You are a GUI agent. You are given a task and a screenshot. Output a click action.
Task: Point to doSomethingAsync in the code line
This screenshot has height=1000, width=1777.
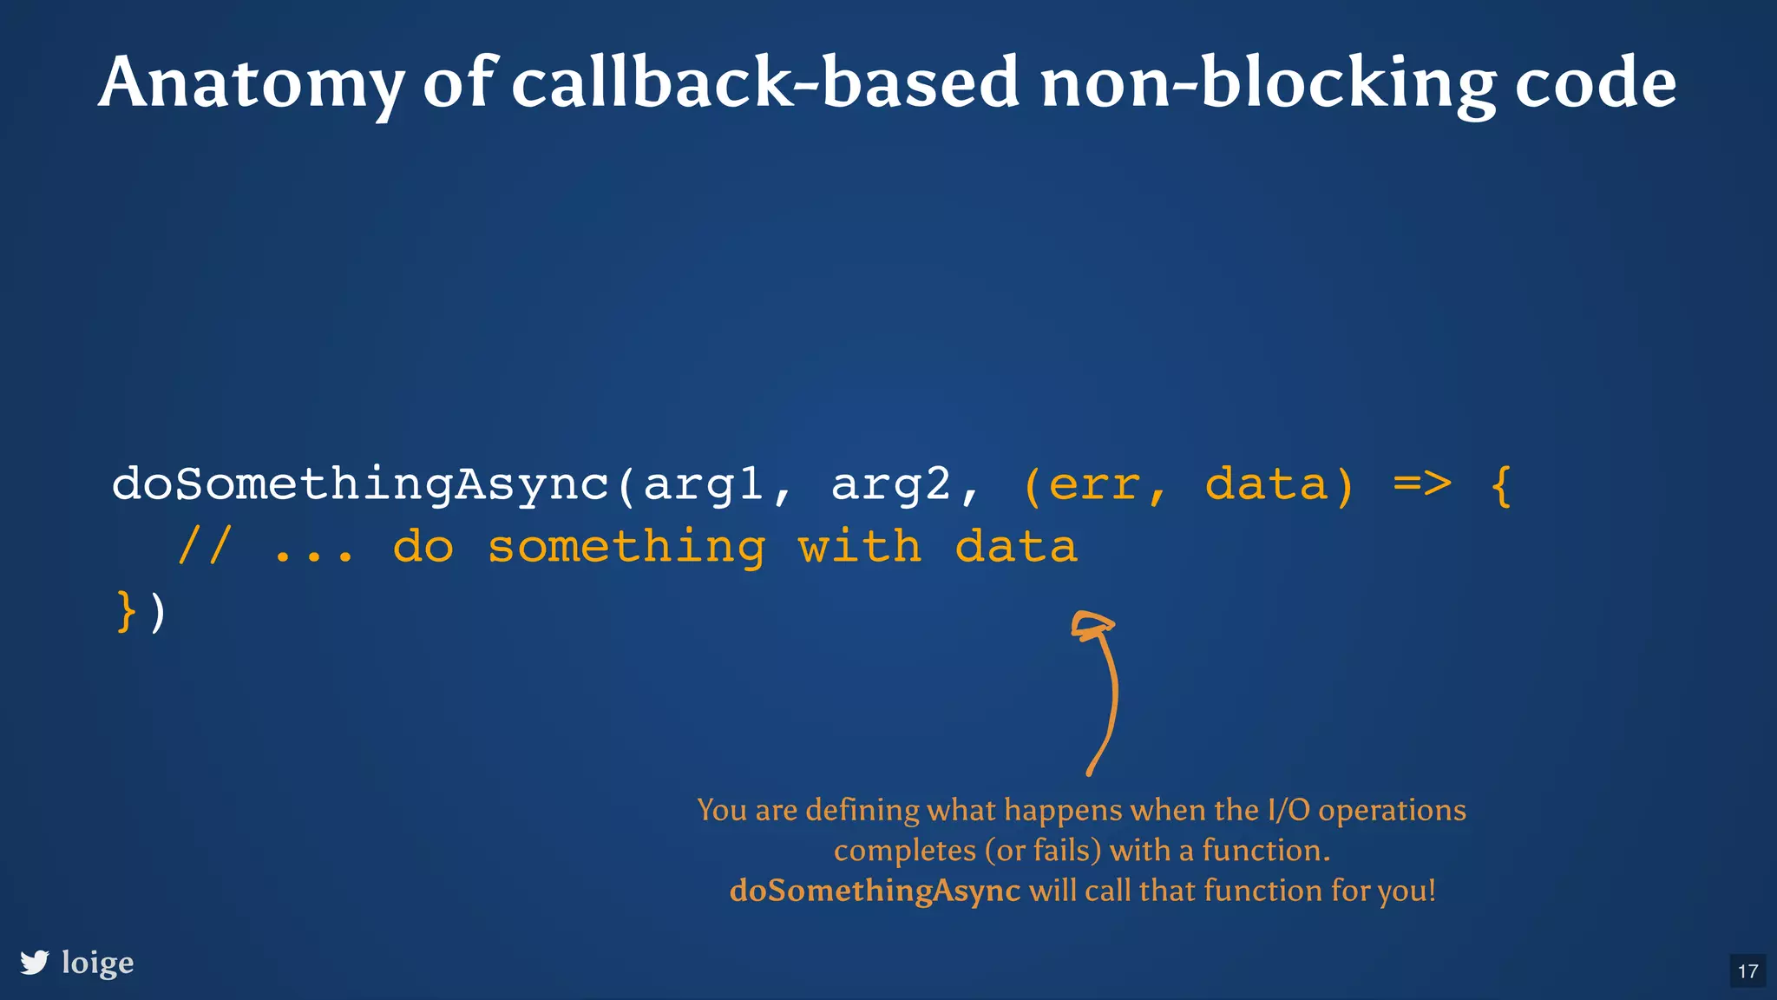coord(360,484)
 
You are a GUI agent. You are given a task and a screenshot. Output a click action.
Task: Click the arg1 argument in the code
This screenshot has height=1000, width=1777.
coord(704,484)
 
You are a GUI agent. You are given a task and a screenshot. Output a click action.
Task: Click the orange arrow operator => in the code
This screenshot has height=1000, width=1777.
coord(1422,484)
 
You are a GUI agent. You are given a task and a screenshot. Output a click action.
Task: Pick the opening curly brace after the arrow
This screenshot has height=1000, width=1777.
coord(1501,484)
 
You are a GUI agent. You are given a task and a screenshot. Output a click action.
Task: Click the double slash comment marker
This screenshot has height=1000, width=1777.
coord(205,547)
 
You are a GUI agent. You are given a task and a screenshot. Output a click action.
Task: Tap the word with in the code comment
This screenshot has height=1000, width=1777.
coord(859,547)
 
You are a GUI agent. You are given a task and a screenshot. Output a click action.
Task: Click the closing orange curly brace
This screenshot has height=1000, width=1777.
coord(127,611)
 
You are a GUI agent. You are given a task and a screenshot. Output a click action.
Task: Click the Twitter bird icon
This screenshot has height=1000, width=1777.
coord(35,963)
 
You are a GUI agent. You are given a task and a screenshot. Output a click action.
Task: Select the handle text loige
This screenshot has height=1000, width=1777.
coord(98,963)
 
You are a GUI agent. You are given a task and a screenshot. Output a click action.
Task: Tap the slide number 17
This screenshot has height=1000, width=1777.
coord(1747,971)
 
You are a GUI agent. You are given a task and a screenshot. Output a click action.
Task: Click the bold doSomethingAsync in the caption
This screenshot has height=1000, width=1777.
coord(875,891)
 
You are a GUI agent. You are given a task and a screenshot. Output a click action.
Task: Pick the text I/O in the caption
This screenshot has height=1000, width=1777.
coord(1288,810)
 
